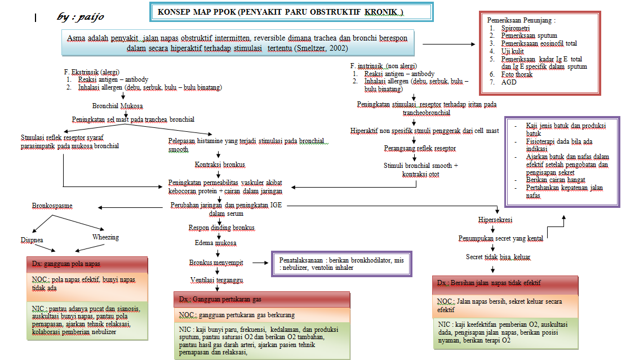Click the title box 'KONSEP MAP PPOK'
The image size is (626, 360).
(281, 12)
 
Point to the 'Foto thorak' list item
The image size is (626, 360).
(517, 74)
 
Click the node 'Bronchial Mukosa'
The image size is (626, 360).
(117, 105)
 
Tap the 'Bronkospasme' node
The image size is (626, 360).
(52, 206)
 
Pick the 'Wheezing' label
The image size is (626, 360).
(105, 237)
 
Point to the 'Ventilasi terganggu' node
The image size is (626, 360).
(216, 279)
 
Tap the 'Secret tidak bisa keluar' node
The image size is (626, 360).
(498, 257)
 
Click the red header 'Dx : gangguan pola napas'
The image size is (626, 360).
(87, 264)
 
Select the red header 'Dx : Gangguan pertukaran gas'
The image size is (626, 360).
(261, 299)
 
